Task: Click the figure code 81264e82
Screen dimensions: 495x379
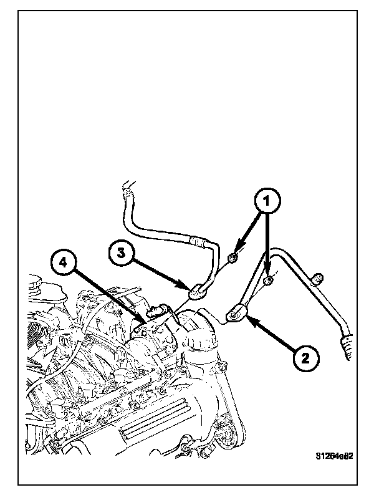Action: pyautogui.click(x=333, y=456)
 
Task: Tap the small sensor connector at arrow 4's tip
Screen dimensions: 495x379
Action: pyautogui.click(x=156, y=312)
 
